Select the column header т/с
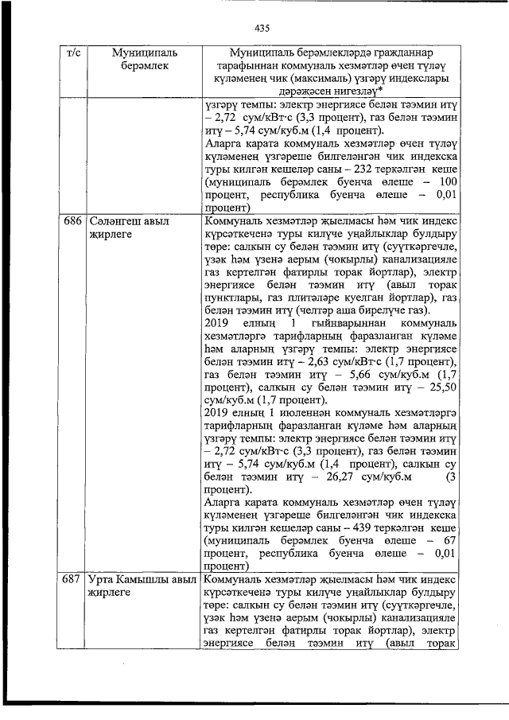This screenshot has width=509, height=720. point(72,53)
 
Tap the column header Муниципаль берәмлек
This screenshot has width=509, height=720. point(144,60)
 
